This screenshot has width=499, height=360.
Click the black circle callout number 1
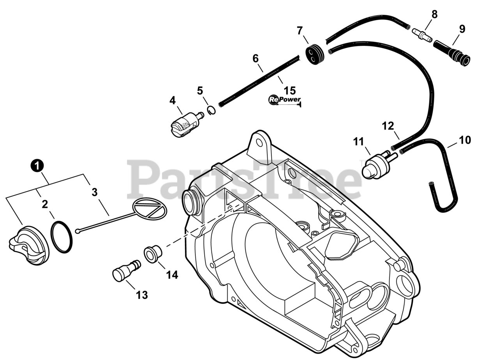click(37, 166)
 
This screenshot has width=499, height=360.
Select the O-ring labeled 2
click(61, 237)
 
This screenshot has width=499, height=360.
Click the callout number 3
click(94, 192)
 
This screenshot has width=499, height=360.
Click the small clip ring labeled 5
click(211, 111)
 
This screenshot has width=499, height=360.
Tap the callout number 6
click(255, 59)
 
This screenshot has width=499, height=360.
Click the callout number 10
click(465, 140)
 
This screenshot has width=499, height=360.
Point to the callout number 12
click(388, 126)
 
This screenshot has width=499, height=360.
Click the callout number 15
click(290, 90)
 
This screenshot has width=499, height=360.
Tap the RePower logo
click(285, 100)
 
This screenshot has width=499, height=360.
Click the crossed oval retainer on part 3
click(150, 208)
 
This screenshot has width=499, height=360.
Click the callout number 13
click(142, 295)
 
